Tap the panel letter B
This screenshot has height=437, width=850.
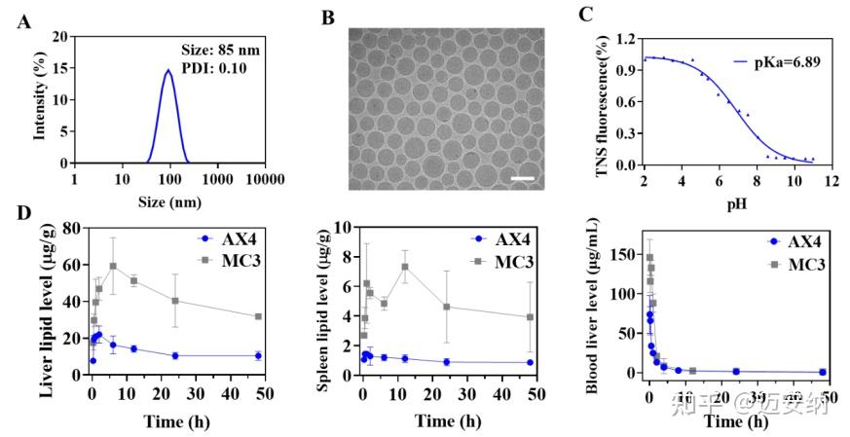[328, 17]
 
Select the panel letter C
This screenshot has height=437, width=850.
[613, 14]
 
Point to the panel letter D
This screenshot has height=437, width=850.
[21, 211]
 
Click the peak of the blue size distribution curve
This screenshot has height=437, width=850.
[168, 70]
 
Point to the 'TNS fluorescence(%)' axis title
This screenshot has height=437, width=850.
[602, 102]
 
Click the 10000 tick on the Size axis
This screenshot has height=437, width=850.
[265, 179]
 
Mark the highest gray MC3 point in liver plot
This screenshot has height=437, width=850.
[113, 266]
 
